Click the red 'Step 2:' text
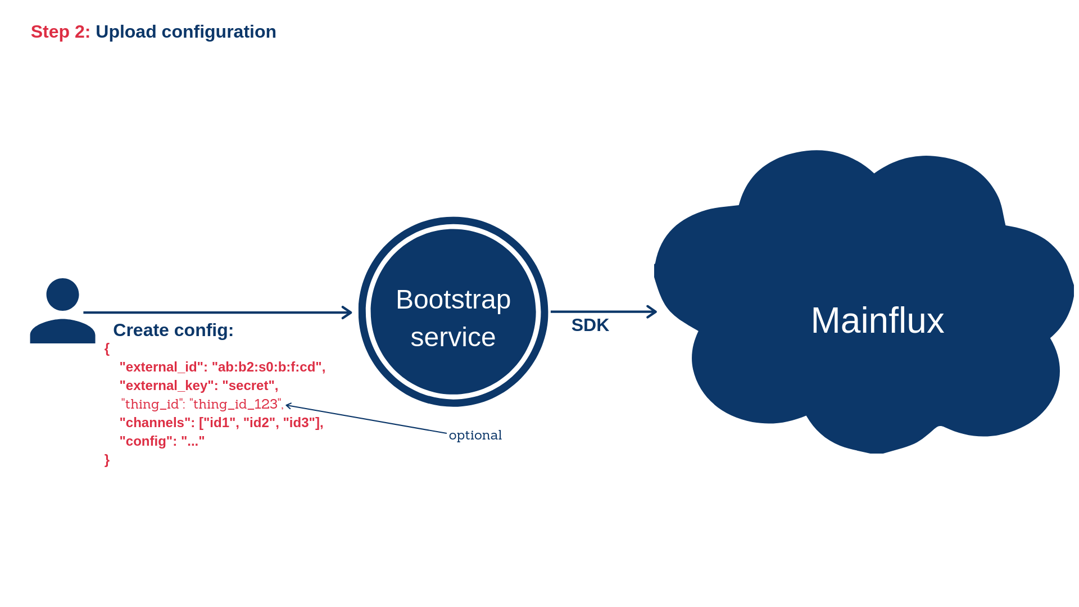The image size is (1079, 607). (x=60, y=32)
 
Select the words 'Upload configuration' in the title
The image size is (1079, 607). (x=185, y=32)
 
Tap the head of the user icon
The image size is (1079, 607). (x=62, y=294)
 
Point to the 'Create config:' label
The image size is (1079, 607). (x=173, y=330)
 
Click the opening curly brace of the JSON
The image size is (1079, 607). (x=107, y=349)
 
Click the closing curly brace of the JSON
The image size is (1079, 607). (x=107, y=460)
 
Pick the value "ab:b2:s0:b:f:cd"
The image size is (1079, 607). (x=268, y=367)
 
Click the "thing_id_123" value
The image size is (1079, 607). (x=236, y=404)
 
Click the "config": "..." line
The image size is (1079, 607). (x=162, y=441)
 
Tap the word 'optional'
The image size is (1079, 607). (x=475, y=436)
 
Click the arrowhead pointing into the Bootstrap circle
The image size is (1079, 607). (x=347, y=312)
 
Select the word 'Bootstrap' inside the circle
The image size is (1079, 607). (x=453, y=300)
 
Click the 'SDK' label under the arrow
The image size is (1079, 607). (x=590, y=325)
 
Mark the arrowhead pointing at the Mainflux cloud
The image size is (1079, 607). (x=652, y=311)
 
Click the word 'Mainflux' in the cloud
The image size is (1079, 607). (x=877, y=320)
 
